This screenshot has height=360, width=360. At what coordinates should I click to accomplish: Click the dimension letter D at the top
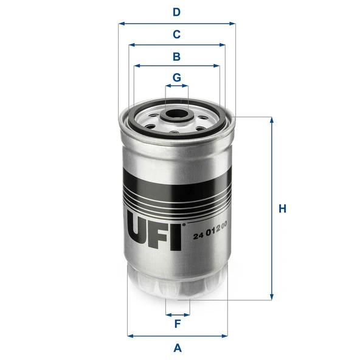[176, 12]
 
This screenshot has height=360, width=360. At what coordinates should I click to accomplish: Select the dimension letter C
[176, 35]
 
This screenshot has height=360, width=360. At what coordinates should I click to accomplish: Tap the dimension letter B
[176, 57]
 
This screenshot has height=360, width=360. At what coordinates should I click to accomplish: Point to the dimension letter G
[177, 78]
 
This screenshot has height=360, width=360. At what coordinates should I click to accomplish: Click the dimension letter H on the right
[282, 209]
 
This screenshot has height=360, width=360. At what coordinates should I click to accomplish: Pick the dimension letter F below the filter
[178, 324]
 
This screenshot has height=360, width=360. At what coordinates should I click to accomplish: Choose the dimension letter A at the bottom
[178, 348]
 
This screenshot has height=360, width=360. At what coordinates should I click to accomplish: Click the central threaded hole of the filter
[176, 114]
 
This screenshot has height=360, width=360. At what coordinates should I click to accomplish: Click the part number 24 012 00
[210, 230]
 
